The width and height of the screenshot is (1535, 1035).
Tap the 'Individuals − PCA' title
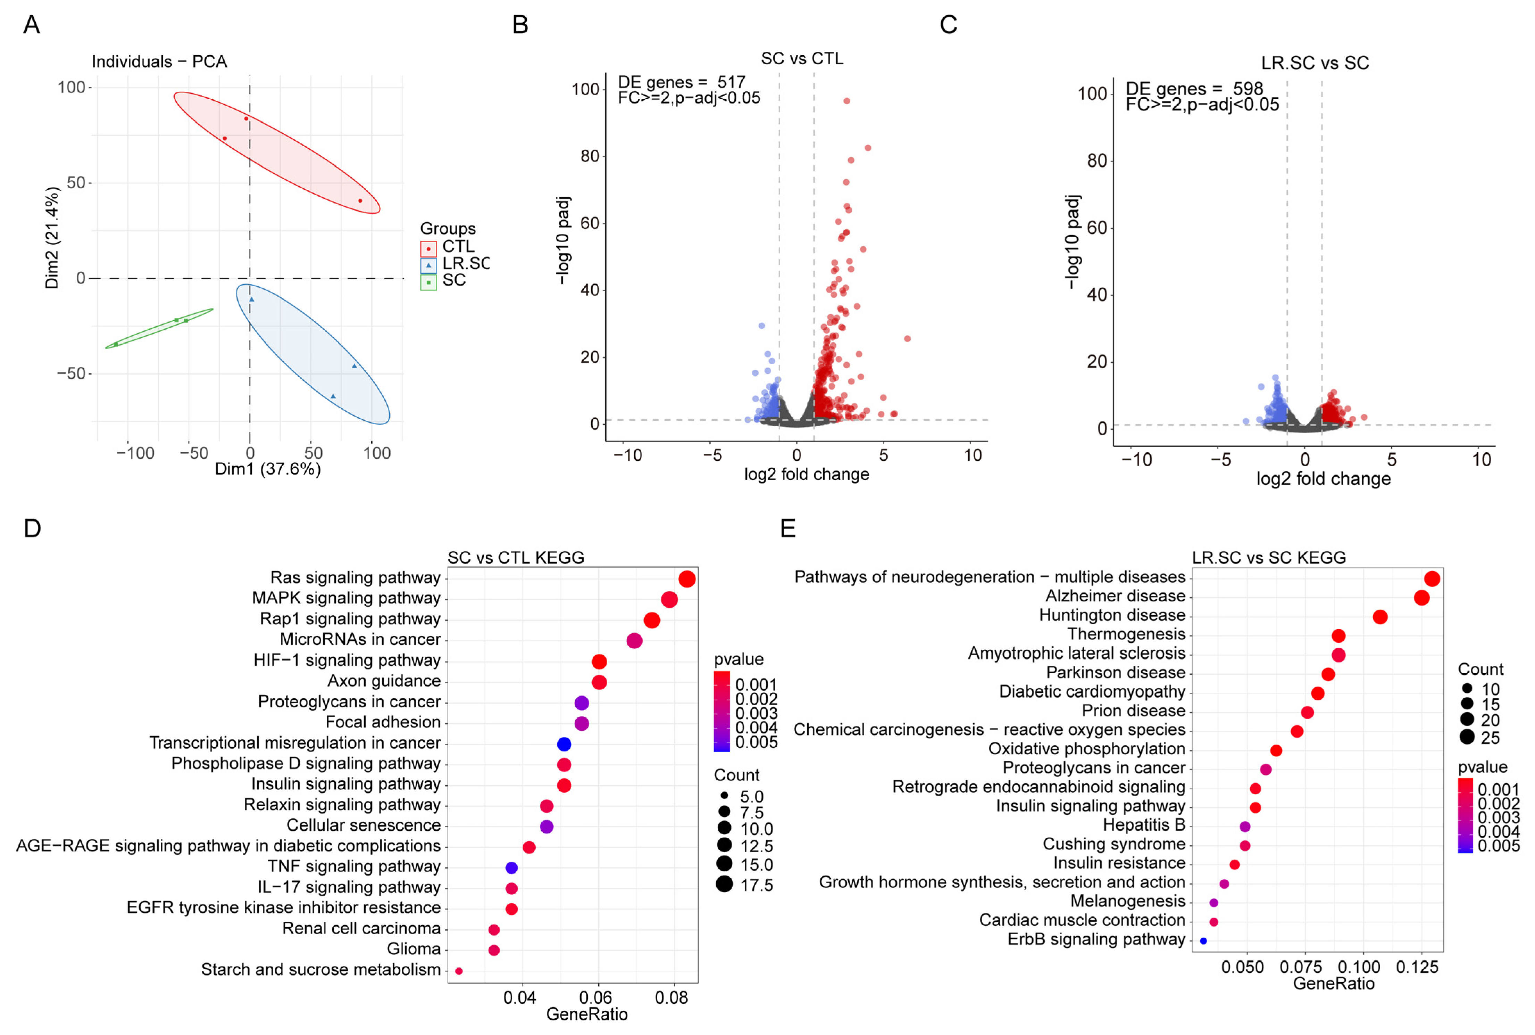point(159,61)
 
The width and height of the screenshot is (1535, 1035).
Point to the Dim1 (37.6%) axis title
point(268,469)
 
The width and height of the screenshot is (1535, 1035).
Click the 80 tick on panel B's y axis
point(589,156)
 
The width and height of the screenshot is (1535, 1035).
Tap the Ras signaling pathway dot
point(687,579)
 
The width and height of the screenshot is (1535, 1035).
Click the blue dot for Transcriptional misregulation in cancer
point(564,744)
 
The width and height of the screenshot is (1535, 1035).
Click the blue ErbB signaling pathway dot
point(1203,940)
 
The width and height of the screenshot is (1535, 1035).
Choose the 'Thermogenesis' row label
point(1126,634)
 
